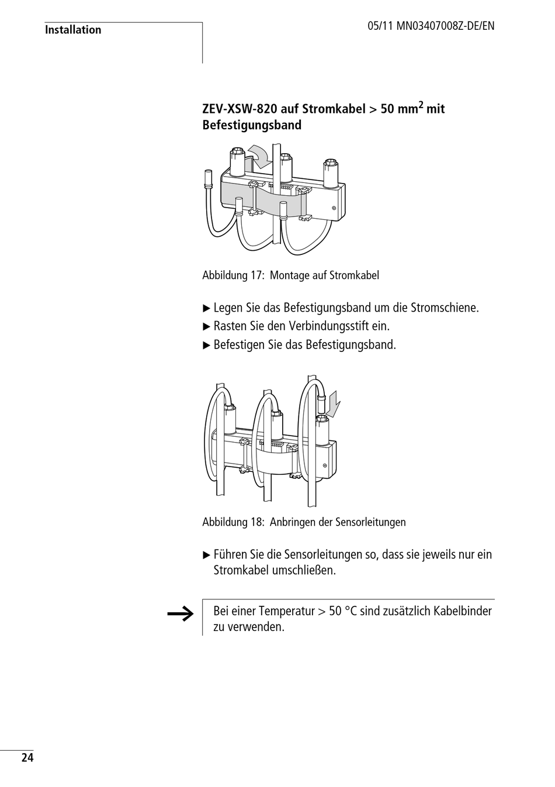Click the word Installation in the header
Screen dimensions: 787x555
(73, 30)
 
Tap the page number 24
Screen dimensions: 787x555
(27, 758)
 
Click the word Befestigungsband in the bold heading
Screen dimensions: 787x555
(252, 125)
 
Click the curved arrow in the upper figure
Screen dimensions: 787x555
(259, 155)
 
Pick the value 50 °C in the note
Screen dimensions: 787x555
(343, 612)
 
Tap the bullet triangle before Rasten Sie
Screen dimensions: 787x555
(206, 326)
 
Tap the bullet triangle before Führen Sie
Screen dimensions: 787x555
(206, 554)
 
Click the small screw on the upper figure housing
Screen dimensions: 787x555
(334, 208)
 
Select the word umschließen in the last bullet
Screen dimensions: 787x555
(303, 570)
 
